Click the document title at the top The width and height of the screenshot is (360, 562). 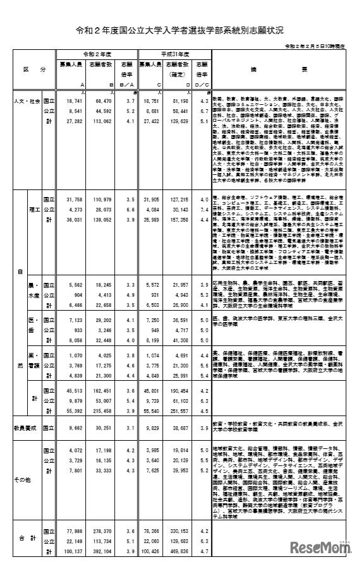coord(179,30)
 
